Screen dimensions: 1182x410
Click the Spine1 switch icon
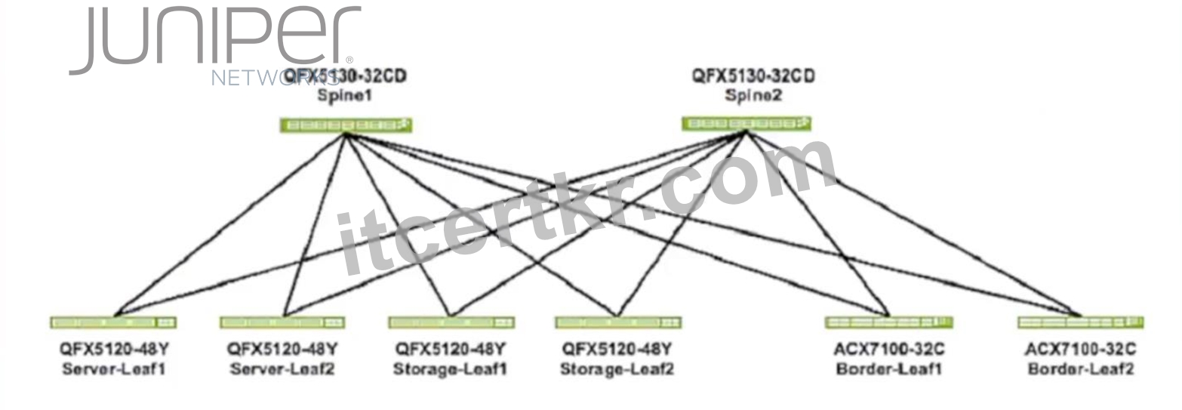point(346,125)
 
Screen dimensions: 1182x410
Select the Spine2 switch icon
point(746,124)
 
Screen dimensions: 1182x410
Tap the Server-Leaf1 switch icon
point(113,322)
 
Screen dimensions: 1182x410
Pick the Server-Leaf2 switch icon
point(282,322)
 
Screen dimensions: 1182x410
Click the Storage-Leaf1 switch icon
point(451,322)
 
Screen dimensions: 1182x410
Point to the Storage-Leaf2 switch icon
point(618,322)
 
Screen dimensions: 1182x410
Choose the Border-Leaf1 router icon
point(888,322)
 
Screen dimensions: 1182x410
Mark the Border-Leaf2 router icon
point(1081,322)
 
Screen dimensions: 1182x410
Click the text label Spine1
point(345,96)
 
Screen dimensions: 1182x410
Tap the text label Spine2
point(753,96)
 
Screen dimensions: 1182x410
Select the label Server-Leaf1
point(114,368)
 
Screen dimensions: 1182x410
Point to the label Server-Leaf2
point(282,368)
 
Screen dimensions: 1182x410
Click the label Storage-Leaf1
point(450,368)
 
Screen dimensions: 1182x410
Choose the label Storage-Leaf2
point(617,368)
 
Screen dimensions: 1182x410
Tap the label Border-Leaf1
point(889,368)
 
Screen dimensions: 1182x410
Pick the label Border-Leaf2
point(1081,368)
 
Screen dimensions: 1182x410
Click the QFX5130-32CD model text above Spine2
point(753,76)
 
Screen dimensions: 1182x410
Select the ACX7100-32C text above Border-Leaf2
point(1081,350)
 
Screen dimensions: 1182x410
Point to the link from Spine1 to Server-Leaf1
point(230,224)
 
